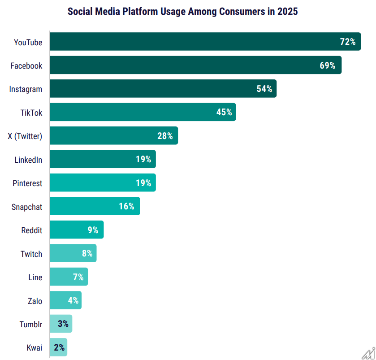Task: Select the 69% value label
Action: (x=327, y=65)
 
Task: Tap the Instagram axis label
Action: (x=26, y=89)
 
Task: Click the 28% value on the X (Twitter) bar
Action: (x=165, y=136)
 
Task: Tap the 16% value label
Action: (x=127, y=206)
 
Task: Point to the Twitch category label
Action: (x=31, y=254)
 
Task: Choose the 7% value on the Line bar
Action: (x=78, y=277)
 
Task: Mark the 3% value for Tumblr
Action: (x=63, y=324)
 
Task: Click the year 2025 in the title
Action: (x=287, y=11)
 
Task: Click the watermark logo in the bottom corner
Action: (x=368, y=352)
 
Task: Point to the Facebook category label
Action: (x=26, y=66)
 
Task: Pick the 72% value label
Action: (x=348, y=42)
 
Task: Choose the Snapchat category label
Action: (x=27, y=207)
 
